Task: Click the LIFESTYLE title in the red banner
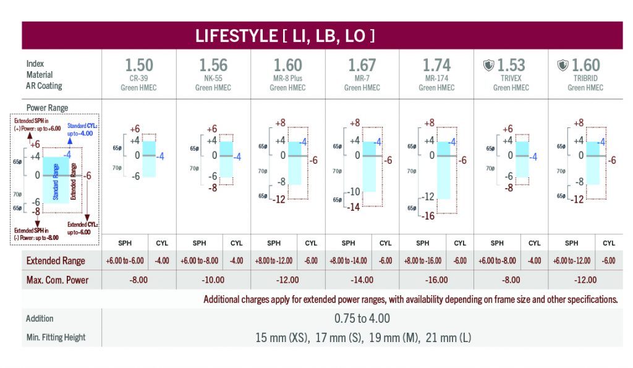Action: tap(285, 36)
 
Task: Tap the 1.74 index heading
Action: tap(436, 65)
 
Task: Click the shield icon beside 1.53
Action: tap(488, 65)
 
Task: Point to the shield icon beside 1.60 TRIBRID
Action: tap(563, 65)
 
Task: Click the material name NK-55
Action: tap(213, 78)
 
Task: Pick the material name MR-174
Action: tap(436, 78)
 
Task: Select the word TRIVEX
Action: tap(511, 78)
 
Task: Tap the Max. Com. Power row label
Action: tap(57, 280)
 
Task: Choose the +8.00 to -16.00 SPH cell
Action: tap(423, 261)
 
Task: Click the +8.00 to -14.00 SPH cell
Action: tap(349, 261)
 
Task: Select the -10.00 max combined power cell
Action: tap(213, 280)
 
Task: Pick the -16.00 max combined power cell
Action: tap(436, 280)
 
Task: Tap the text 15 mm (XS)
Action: tap(283, 338)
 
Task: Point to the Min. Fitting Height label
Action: tap(56, 338)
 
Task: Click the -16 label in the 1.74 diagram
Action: tap(428, 216)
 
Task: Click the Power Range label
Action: tap(47, 108)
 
